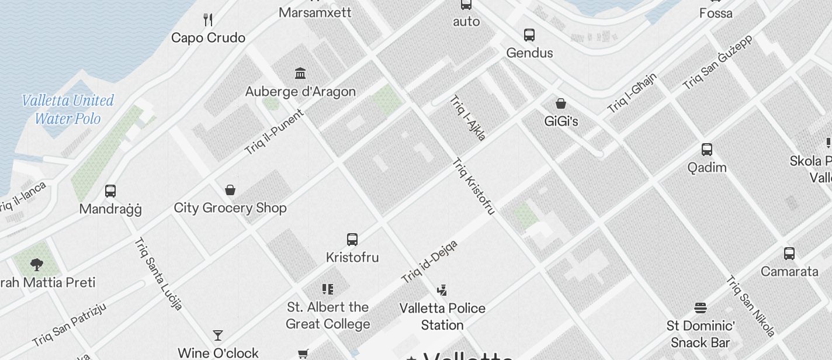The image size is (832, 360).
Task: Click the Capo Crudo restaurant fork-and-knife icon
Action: pyautogui.click(x=208, y=20)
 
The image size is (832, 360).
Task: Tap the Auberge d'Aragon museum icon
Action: pyautogui.click(x=300, y=74)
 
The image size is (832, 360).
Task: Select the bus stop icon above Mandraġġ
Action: pyautogui.click(x=110, y=191)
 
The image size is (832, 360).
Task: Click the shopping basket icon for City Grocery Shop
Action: pyautogui.click(x=230, y=190)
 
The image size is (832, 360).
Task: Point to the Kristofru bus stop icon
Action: pyautogui.click(x=352, y=239)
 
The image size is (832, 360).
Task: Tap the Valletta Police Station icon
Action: pyautogui.click(x=442, y=290)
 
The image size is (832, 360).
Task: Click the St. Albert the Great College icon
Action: pyautogui.click(x=328, y=289)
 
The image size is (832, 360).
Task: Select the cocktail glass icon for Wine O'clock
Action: pyautogui.click(x=218, y=335)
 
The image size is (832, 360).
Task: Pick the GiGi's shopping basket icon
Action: pyautogui.click(x=561, y=103)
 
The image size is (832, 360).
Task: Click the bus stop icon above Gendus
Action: pyautogui.click(x=529, y=34)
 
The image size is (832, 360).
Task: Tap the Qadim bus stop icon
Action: pyautogui.click(x=706, y=150)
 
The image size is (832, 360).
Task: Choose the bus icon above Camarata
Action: pyautogui.click(x=789, y=254)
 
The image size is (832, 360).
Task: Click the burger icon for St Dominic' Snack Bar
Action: pyautogui.click(x=701, y=307)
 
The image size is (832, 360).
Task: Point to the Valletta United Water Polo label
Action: pyautogui.click(x=68, y=109)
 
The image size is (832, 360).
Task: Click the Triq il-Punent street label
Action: pyautogui.click(x=274, y=132)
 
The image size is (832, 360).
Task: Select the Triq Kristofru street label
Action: pyautogui.click(x=474, y=186)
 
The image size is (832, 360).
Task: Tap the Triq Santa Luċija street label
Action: pyautogui.click(x=158, y=273)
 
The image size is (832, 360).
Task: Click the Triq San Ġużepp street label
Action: pyautogui.click(x=718, y=62)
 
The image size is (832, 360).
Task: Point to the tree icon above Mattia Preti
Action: pyautogui.click(x=37, y=264)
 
